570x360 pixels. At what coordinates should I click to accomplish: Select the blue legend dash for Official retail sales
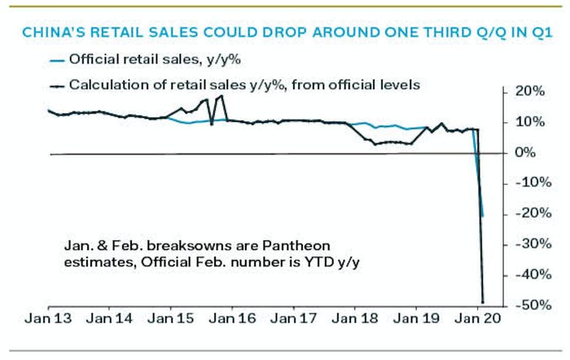click(x=55, y=60)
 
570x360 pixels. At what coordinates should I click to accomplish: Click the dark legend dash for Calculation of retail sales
click(x=55, y=84)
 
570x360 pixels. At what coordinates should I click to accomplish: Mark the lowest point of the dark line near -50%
click(x=483, y=301)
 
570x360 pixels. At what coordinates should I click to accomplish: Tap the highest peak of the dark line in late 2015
click(x=222, y=96)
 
